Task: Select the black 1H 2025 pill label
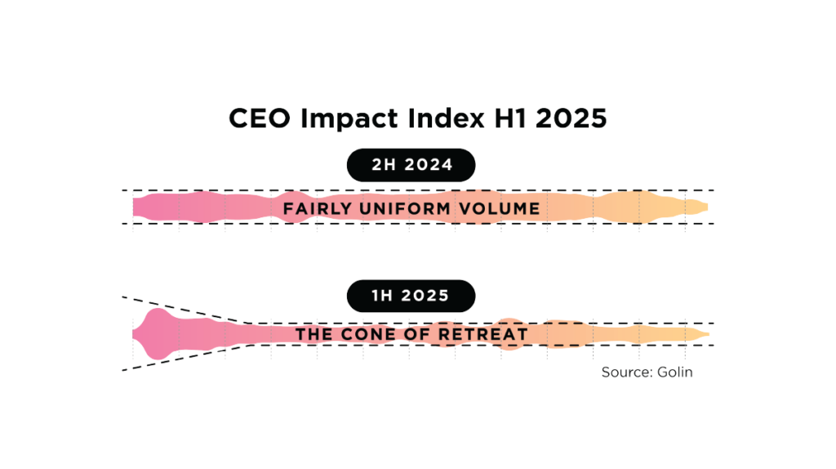pos(411,296)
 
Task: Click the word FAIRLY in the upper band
pos(318,209)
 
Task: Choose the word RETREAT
pos(488,334)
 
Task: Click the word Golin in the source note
pos(675,372)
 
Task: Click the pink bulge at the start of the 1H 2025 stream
pos(155,333)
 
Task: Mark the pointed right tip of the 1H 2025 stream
pos(707,334)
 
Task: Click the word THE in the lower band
pos(313,334)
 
